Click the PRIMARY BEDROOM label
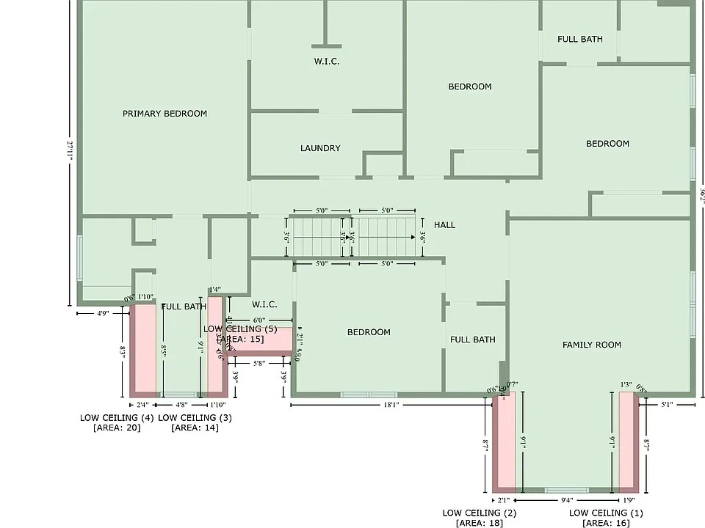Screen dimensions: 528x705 coord(164,114)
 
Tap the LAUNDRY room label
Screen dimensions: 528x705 coord(320,148)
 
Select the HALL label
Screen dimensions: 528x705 coord(444,225)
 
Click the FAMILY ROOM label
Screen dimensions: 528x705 coord(592,345)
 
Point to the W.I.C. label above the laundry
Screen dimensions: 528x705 coord(327,62)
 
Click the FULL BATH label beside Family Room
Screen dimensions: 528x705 coord(472,340)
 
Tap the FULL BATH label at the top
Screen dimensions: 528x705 coord(580,39)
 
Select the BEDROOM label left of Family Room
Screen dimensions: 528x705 coord(369,332)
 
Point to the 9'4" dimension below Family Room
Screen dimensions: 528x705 coord(565,499)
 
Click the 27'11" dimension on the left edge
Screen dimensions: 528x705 coord(70,150)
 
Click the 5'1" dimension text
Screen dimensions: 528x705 coord(667,404)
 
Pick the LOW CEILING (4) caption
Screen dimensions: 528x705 coord(117,417)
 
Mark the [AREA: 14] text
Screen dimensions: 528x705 coord(195,428)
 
